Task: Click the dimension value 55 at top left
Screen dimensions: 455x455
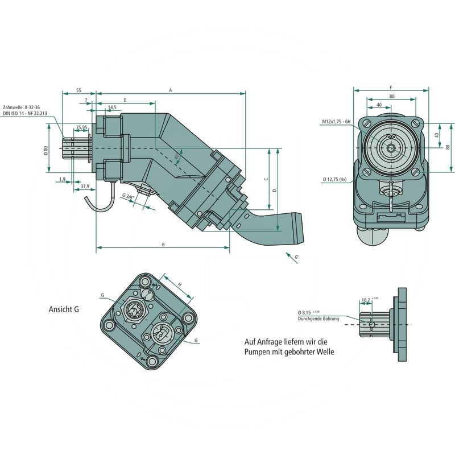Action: click(x=78, y=90)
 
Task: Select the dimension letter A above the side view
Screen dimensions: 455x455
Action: click(x=170, y=90)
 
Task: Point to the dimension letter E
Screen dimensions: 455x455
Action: click(x=125, y=100)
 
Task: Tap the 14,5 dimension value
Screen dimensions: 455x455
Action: click(x=112, y=107)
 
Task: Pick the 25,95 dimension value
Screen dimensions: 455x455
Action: click(x=81, y=127)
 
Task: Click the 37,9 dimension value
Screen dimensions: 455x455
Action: click(x=84, y=186)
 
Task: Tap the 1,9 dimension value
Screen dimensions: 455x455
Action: click(x=62, y=179)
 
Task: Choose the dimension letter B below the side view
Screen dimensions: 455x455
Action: click(x=163, y=245)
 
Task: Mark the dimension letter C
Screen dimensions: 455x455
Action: click(x=266, y=179)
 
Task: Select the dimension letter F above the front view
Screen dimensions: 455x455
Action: click(x=391, y=87)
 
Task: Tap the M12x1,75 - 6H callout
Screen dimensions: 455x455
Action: click(x=337, y=122)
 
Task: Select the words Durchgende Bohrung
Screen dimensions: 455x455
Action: click(x=318, y=319)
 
